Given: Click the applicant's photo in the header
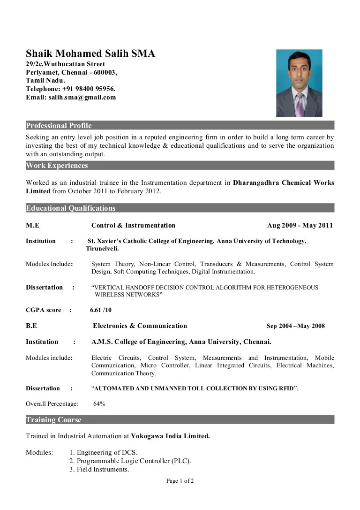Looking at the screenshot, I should pos(299,83).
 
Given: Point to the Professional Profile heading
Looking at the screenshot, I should pos(59,126).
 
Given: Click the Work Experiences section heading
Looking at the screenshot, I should pos(57,166).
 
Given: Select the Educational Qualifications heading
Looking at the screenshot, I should pos(70,208).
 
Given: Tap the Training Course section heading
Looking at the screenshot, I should pos(53,420).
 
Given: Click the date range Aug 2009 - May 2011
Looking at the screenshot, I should pos(300,226).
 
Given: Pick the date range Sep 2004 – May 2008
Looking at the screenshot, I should pos(295,326).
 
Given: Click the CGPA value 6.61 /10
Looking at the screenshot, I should pos(101,310).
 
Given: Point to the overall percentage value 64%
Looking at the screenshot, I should pos(99,404).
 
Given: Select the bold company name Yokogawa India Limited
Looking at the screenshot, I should pos(170,436).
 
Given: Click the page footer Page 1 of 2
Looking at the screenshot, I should pos(180,481).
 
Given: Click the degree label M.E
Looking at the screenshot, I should pos(32,226).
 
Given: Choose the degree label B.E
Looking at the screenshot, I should pos(31,326).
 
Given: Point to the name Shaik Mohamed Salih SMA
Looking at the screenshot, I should pos(90,53).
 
